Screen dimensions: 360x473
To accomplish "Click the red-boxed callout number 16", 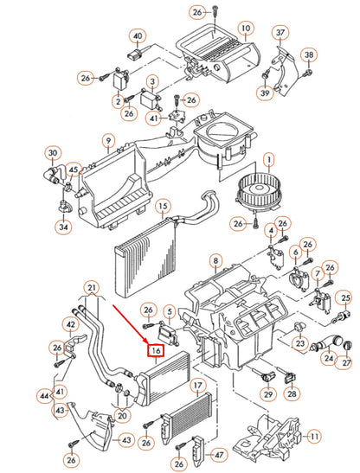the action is [x=156, y=350].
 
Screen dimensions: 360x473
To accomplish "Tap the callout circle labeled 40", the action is [x=138, y=36].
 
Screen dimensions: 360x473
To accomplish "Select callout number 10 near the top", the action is [x=246, y=29].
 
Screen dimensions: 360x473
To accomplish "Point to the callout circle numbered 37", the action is [x=280, y=32].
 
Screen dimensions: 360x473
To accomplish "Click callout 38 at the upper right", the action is [x=309, y=55].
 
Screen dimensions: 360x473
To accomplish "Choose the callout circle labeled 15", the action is [x=163, y=207].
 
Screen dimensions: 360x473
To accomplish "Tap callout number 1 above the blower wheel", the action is [x=269, y=160].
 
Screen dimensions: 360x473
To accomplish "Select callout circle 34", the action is [x=63, y=227].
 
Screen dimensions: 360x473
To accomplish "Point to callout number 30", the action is [x=53, y=153].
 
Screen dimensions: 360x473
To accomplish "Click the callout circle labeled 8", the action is [x=215, y=260].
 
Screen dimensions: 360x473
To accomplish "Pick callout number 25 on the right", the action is [x=345, y=298].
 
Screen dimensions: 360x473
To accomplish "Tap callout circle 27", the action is [x=346, y=361].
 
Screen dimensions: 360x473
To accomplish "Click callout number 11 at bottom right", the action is [x=314, y=436].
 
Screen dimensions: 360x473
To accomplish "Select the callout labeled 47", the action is [x=219, y=455].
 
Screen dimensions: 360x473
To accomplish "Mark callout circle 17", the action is [x=197, y=386].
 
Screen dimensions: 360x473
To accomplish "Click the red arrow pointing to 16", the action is [x=130, y=323].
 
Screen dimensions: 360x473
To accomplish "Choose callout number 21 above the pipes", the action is [x=92, y=288].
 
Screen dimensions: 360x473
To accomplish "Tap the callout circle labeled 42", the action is [x=70, y=324].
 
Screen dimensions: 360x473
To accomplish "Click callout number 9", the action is [x=108, y=141].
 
